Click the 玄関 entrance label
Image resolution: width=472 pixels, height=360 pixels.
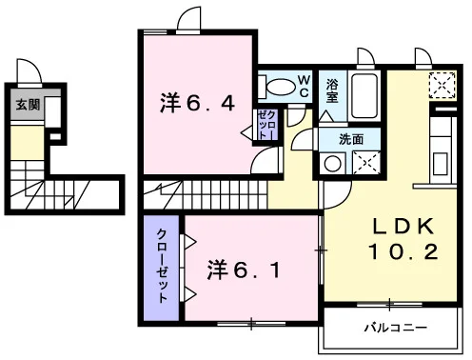(x=28, y=105)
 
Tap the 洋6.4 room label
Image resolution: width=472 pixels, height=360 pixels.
(x=197, y=103)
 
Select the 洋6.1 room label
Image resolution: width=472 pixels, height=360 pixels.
(x=244, y=270)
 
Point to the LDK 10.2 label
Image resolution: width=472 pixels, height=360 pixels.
(x=403, y=239)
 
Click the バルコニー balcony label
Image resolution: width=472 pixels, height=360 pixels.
(x=396, y=328)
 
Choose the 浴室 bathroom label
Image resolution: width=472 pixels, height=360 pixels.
(x=332, y=91)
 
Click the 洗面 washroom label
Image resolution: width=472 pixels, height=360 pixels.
(x=351, y=139)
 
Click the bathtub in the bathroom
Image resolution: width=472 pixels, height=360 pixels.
(x=364, y=95)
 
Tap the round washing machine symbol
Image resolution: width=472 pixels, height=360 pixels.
(x=332, y=164)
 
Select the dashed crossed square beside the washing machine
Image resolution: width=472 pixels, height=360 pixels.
(x=366, y=163)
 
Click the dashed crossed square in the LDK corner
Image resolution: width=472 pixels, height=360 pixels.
(x=442, y=85)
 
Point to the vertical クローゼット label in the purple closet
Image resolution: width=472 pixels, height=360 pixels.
(x=162, y=266)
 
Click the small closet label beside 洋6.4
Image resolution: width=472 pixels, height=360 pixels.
(x=266, y=125)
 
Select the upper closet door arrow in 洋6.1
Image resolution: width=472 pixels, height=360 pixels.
(x=189, y=242)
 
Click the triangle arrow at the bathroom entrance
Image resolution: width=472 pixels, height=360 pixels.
(x=326, y=116)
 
